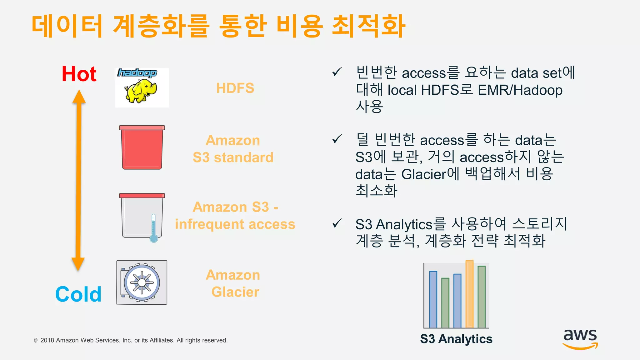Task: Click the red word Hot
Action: (79, 74)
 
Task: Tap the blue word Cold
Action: (78, 294)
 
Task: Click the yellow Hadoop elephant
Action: (140, 91)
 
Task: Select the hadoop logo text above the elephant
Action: (137, 73)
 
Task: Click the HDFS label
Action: (235, 88)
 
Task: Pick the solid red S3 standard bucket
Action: (142, 148)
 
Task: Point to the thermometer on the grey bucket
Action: (153, 228)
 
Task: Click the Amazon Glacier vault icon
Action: (142, 282)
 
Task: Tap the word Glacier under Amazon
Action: (235, 292)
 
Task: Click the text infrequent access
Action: (235, 224)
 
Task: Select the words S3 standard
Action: (233, 157)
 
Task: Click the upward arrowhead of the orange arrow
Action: (79, 97)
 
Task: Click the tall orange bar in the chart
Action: (469, 294)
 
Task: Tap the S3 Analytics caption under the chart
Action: (456, 339)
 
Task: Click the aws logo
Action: (580, 339)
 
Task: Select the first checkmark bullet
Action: (337, 72)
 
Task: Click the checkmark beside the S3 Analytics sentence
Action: (337, 223)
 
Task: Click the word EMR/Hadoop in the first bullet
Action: (520, 90)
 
